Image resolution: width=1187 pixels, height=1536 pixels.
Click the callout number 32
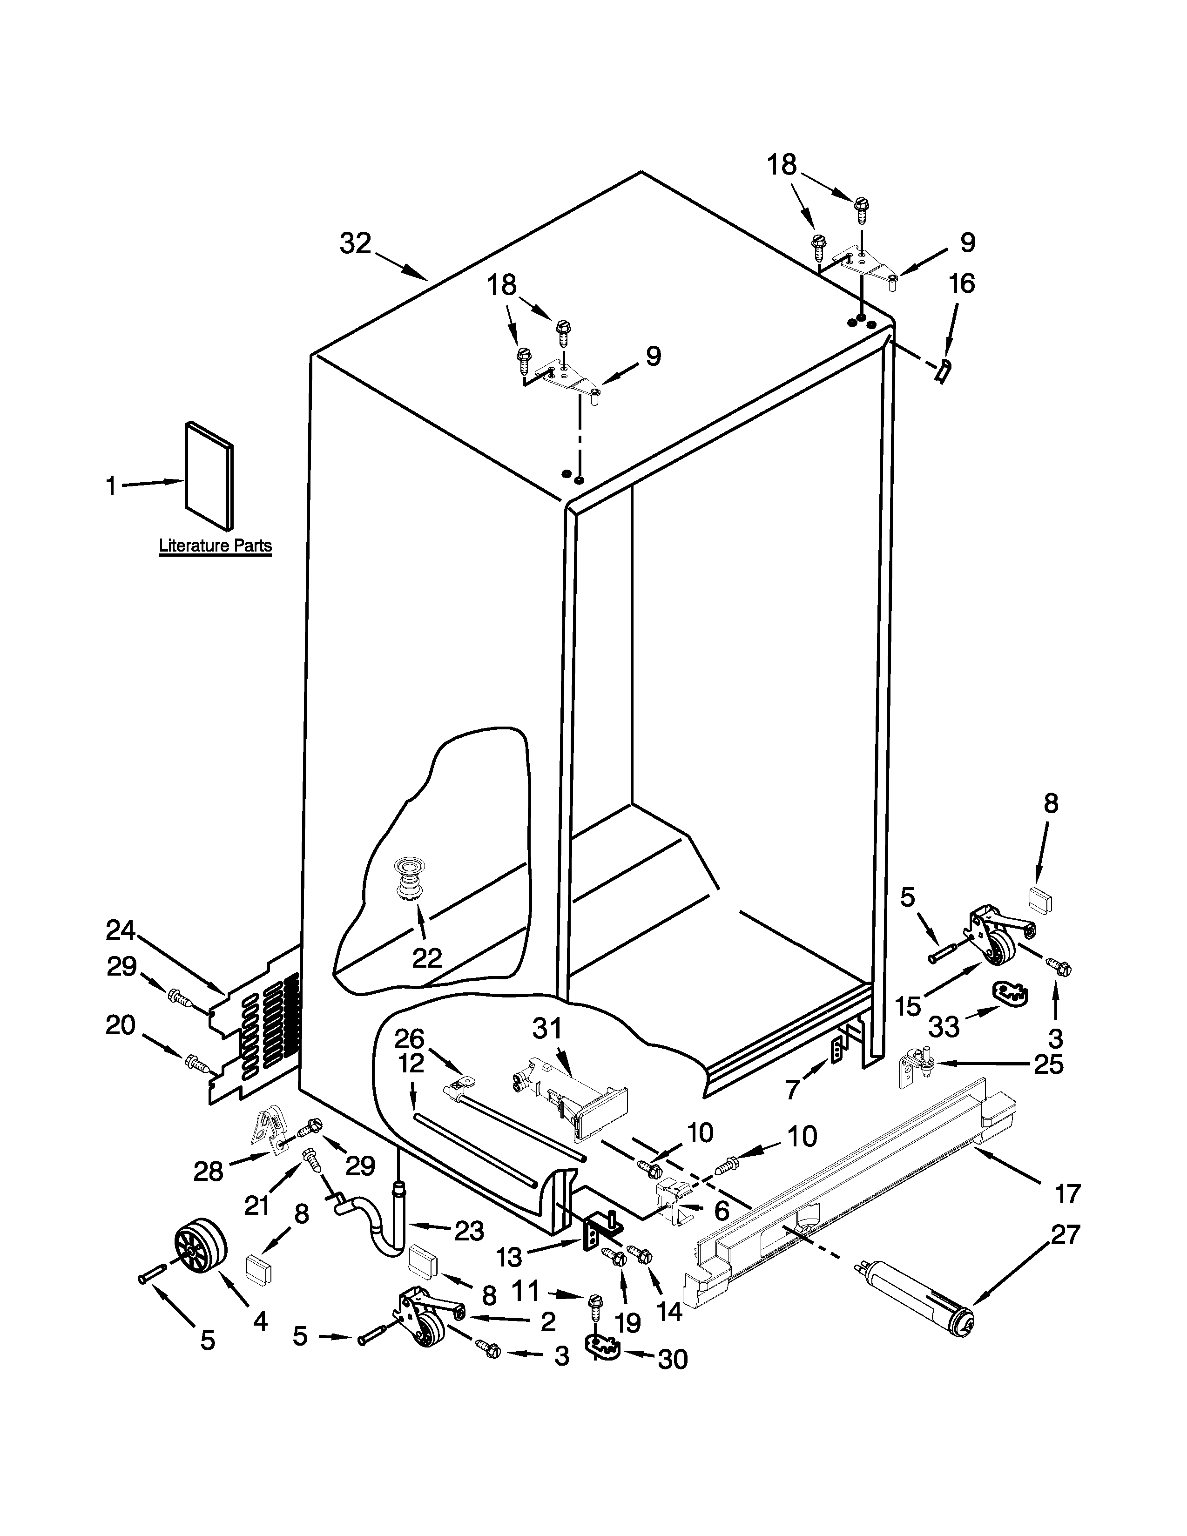coord(355,243)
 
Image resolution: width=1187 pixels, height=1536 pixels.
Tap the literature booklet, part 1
coord(209,476)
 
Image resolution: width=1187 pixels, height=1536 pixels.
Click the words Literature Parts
coord(215,545)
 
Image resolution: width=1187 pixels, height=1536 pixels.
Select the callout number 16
coord(962,283)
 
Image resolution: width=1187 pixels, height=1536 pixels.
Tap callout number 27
coord(1065,1234)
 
